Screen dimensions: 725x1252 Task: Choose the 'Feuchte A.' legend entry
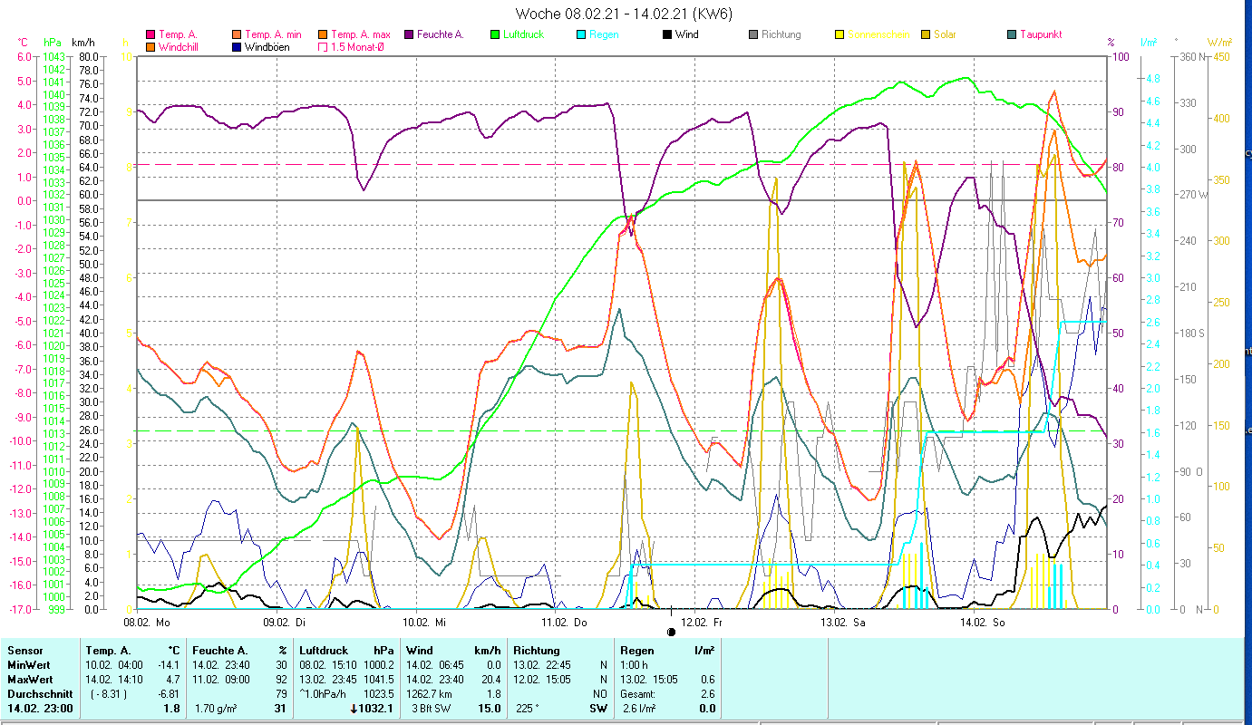click(440, 34)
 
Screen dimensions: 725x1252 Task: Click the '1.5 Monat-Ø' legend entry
click(356, 46)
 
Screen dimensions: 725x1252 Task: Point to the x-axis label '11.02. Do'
click(564, 623)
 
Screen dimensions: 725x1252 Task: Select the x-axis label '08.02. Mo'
click(147, 623)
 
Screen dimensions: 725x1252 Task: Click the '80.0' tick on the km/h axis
click(88, 56)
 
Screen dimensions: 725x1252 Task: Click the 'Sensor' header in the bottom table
click(24, 650)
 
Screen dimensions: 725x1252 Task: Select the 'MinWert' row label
click(30, 664)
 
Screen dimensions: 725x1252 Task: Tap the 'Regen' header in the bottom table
click(636, 650)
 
